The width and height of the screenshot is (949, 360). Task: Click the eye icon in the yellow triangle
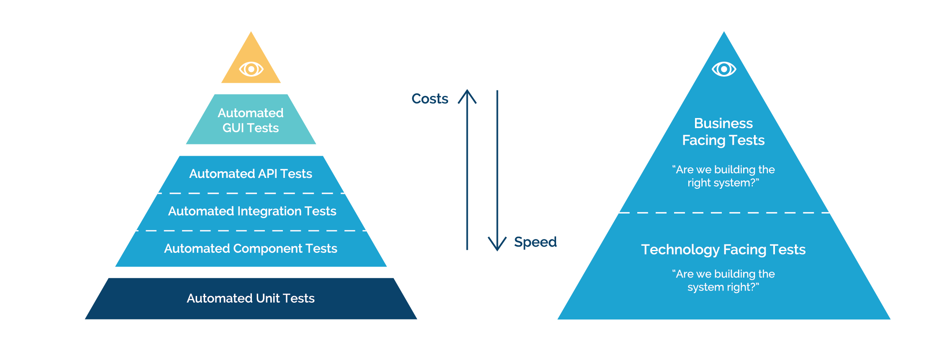pyautogui.click(x=251, y=69)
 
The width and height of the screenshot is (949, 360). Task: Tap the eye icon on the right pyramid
pyautogui.click(x=724, y=69)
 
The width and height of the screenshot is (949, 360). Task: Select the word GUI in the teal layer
pyautogui.click(x=233, y=128)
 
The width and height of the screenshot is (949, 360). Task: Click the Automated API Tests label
pyautogui.click(x=250, y=174)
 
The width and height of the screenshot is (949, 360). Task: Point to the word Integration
pyautogui.click(x=269, y=211)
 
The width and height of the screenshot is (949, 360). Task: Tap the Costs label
pyautogui.click(x=430, y=99)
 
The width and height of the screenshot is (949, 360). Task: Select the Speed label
pyautogui.click(x=535, y=242)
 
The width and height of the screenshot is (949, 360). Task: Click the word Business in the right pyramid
pyautogui.click(x=723, y=123)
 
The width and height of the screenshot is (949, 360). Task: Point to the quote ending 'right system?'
pyautogui.click(x=723, y=176)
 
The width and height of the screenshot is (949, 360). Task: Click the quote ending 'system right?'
pyautogui.click(x=723, y=280)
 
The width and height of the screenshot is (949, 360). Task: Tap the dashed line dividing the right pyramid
pyautogui.click(x=724, y=213)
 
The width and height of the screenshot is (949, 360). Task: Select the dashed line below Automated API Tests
pyautogui.click(x=251, y=193)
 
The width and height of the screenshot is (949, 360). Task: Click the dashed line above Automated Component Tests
pyautogui.click(x=251, y=231)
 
